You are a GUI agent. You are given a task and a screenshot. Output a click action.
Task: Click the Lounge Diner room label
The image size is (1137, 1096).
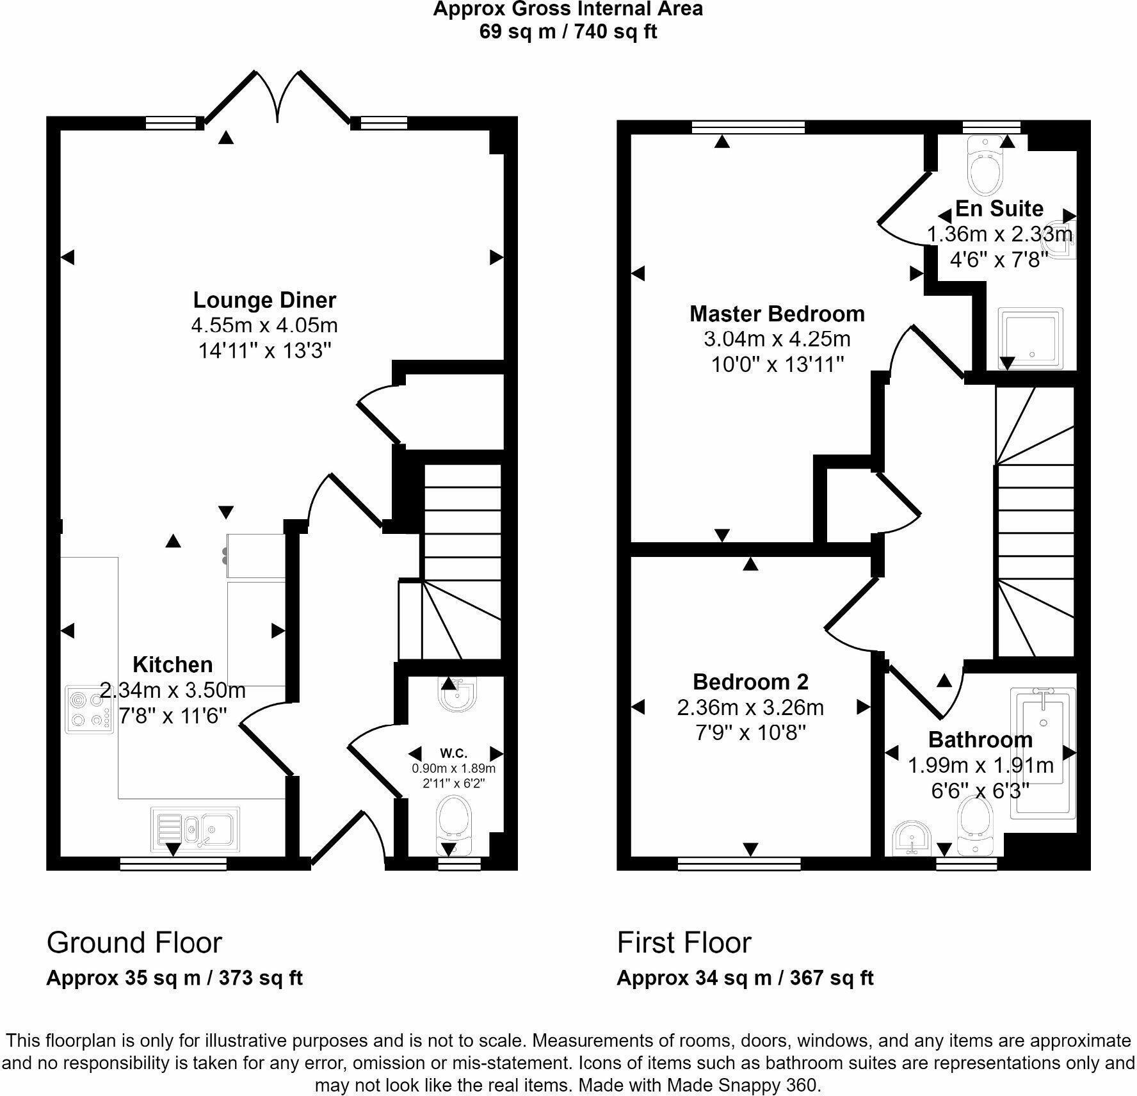(264, 300)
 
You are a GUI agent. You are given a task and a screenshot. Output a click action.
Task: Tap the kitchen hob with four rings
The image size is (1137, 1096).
(90, 710)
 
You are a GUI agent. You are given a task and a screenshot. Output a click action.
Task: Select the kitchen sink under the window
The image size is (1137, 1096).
(196, 830)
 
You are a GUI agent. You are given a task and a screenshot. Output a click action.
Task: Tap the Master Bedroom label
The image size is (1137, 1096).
(777, 314)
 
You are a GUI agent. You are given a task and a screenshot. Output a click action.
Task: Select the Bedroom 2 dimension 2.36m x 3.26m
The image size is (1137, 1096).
(750, 707)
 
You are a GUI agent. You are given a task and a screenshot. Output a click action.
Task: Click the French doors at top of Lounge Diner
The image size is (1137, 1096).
(277, 96)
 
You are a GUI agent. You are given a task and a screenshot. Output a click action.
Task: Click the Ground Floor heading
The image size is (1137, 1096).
(134, 943)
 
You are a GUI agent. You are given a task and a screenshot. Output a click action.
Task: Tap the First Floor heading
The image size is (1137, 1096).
(684, 943)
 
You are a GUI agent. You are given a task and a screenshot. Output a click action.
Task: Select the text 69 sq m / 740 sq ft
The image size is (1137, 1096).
(568, 31)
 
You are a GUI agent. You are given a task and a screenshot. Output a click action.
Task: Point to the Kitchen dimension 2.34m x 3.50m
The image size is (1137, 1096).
(173, 691)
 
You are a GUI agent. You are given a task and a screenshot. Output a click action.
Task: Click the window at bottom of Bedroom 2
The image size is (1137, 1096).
(739, 864)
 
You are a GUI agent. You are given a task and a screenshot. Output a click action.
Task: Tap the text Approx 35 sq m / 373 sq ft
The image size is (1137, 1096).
(174, 978)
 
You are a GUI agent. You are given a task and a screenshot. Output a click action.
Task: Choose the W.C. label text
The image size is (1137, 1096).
(453, 753)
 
